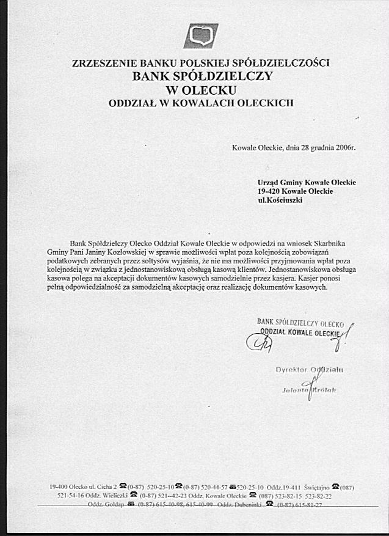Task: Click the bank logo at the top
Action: coord(201,36)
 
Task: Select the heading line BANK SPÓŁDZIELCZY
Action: coord(202,76)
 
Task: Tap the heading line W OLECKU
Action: coord(201,90)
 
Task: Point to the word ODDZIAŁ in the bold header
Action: coord(131,103)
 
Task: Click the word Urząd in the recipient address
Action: coord(267,183)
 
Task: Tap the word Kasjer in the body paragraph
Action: coord(306,278)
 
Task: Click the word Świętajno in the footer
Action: coord(316,488)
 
